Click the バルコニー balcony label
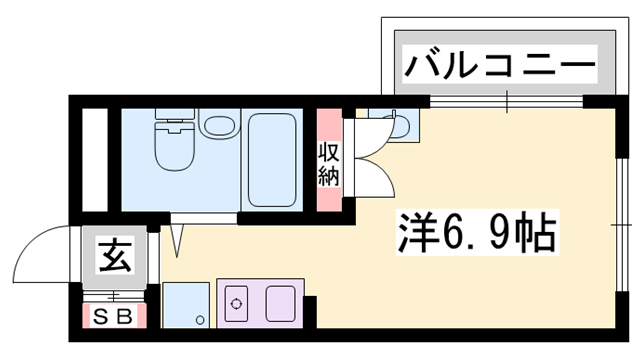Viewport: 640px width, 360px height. (x=499, y=69)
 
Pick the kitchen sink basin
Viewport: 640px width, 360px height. (x=280, y=301)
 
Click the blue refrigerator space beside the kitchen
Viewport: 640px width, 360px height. (x=185, y=304)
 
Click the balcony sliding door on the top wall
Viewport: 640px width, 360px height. (x=505, y=101)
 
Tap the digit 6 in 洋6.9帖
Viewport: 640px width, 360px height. (x=455, y=237)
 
